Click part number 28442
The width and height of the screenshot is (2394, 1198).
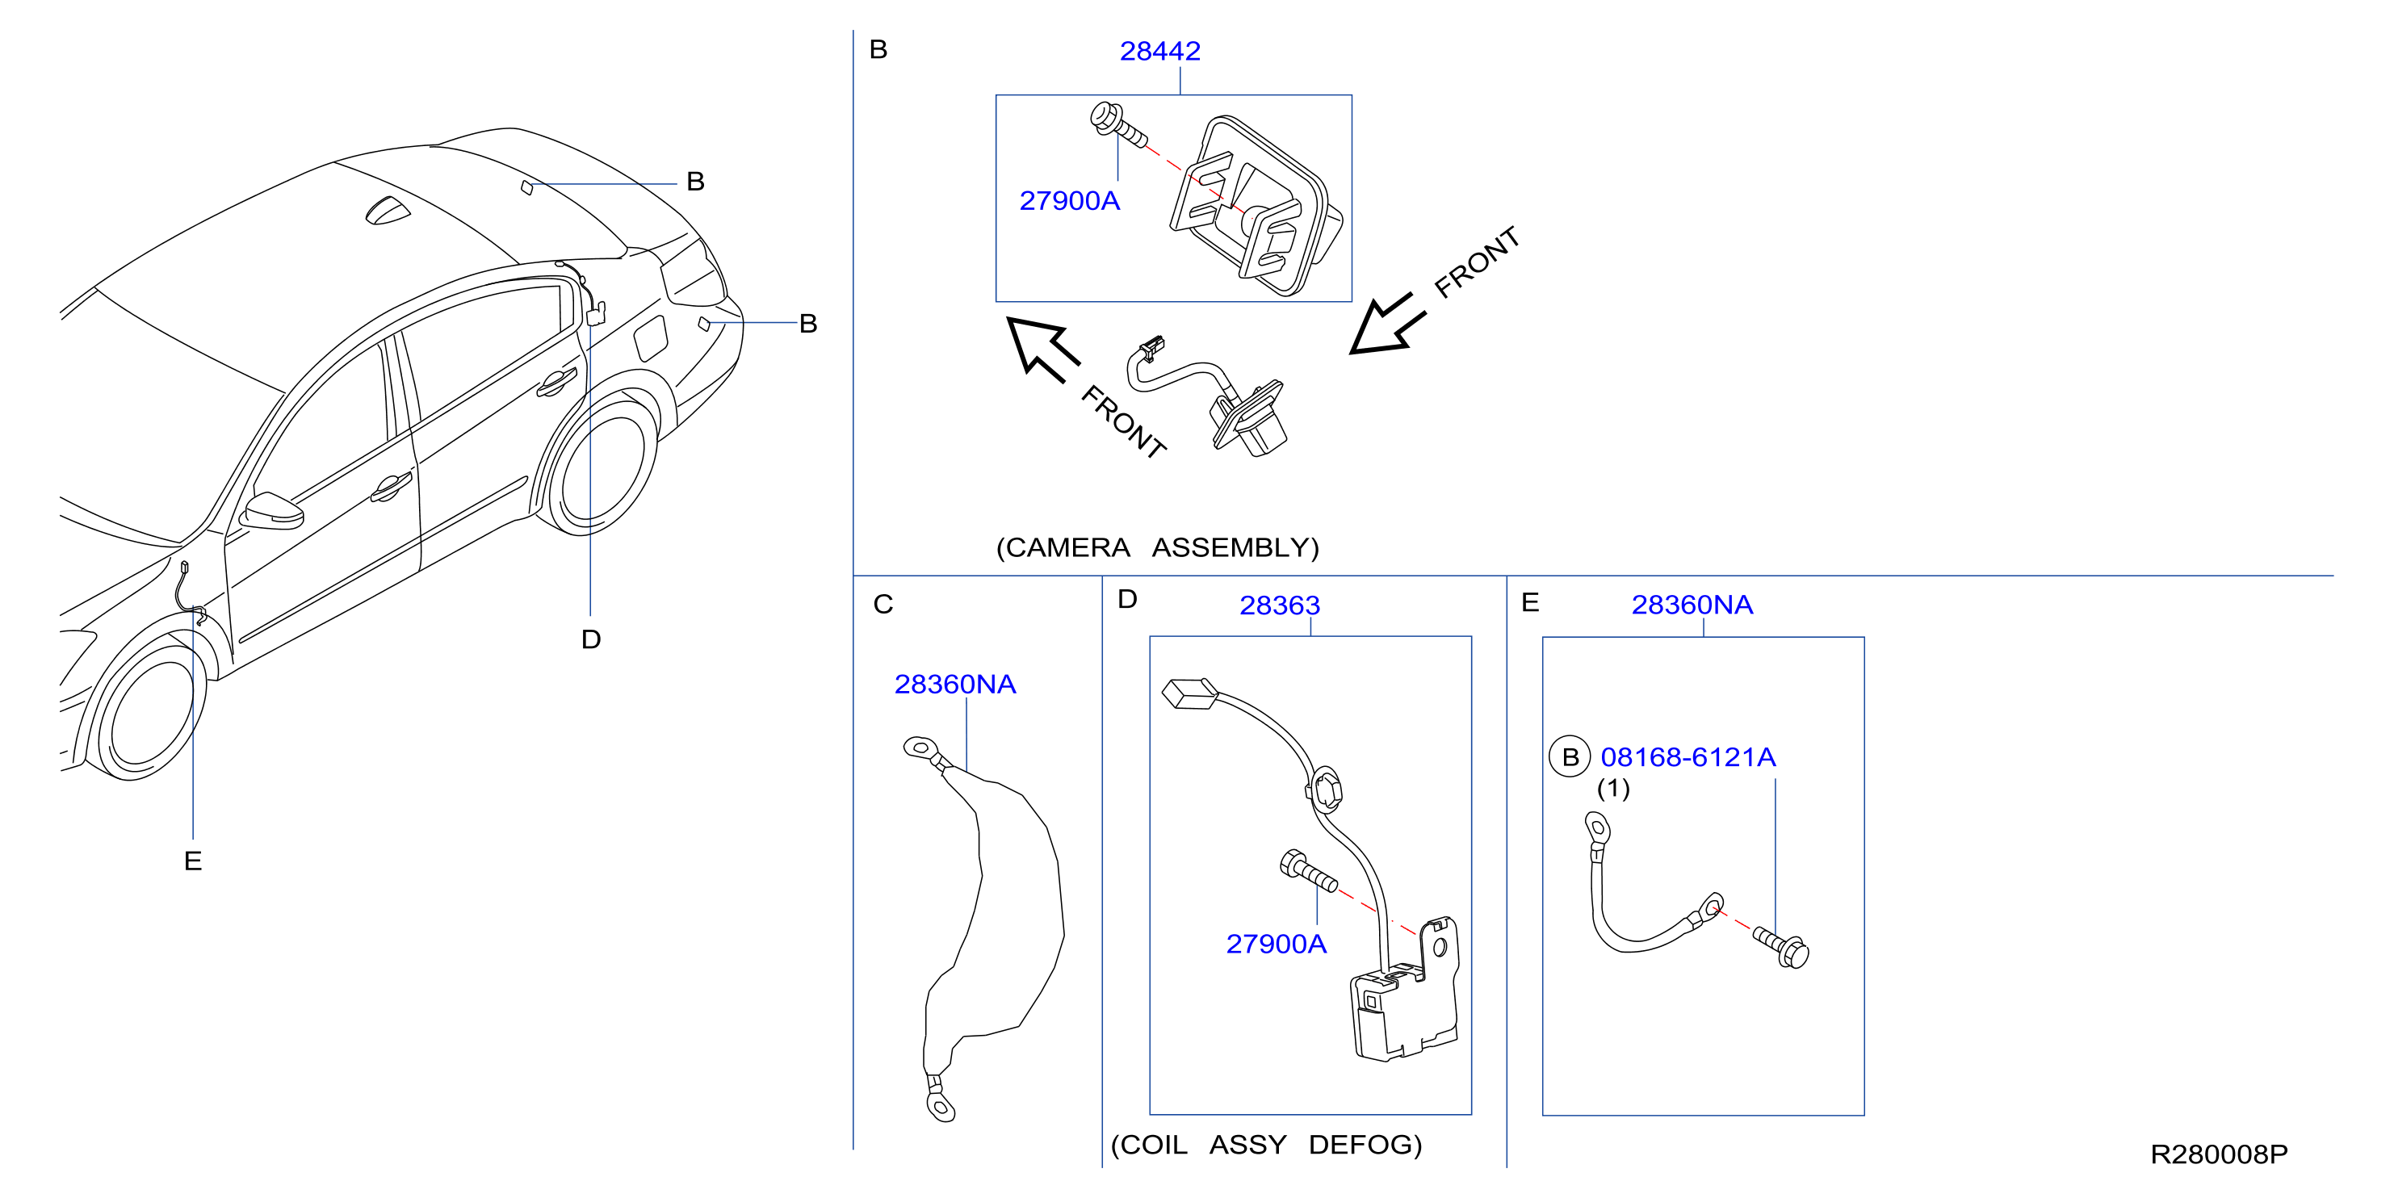[x=1159, y=51]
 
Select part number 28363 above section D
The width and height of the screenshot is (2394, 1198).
[x=1280, y=605]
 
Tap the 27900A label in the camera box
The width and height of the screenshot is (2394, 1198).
[x=1070, y=201]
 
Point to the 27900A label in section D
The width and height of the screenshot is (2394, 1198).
[x=1276, y=944]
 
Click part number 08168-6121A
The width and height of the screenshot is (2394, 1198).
[x=1688, y=757]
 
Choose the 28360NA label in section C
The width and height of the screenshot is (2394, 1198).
[x=954, y=684]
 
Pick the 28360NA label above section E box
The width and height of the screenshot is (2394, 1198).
[x=1692, y=605]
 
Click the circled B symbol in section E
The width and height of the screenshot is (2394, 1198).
[x=1570, y=757]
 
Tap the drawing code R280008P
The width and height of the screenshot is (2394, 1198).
[x=2220, y=1154]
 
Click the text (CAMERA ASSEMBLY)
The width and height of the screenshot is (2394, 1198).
[x=1157, y=547]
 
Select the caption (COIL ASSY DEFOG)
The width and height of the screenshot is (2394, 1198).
[x=1266, y=1144]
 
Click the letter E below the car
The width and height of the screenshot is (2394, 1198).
[x=192, y=861]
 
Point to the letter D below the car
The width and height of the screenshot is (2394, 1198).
[x=591, y=639]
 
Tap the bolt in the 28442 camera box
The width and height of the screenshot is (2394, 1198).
[x=1118, y=125]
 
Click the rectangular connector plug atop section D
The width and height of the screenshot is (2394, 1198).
[x=1189, y=694]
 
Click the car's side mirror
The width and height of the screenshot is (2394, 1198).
[x=272, y=511]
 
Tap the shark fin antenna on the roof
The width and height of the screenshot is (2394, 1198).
[x=387, y=211]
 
